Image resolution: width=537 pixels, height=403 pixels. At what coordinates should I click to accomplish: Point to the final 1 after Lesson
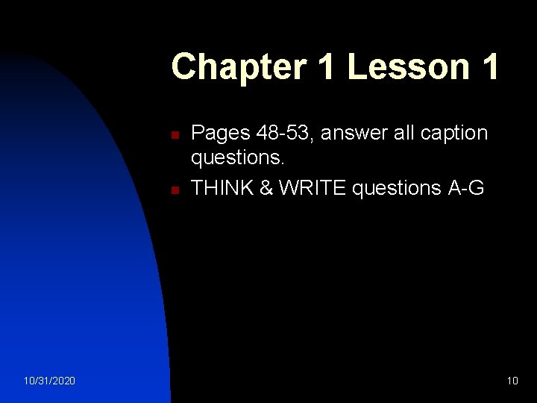(489, 67)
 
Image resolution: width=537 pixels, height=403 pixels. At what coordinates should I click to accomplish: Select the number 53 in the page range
(296, 134)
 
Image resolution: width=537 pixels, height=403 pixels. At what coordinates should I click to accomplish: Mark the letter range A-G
(465, 188)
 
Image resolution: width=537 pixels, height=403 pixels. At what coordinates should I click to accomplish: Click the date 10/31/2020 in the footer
(49, 381)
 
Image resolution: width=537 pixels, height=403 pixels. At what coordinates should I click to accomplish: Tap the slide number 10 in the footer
(512, 381)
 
